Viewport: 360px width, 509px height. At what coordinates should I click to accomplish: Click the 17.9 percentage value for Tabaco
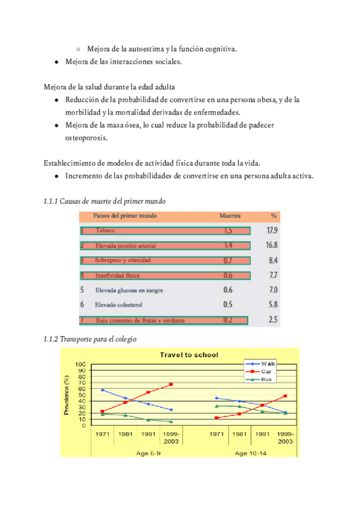271,230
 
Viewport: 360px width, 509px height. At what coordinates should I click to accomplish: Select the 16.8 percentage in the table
271,245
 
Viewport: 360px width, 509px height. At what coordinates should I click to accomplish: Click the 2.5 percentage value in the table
272,320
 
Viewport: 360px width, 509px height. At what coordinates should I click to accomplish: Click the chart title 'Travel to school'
188,355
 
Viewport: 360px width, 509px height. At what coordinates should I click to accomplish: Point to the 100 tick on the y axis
80,364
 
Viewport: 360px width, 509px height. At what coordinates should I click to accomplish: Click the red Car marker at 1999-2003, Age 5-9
171,384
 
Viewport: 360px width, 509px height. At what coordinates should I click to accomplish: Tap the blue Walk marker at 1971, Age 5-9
103,390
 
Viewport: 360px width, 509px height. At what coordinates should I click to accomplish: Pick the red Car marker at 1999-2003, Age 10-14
285,396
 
